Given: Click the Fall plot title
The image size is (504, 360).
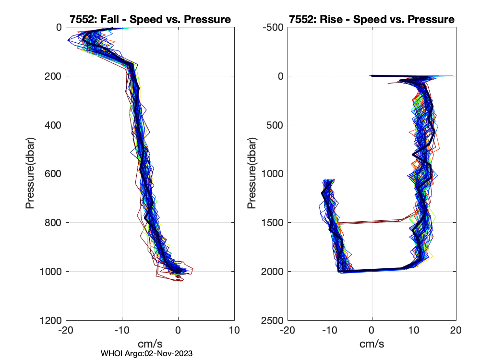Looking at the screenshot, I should pos(150,20).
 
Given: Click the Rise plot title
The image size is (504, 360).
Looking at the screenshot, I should pos(372,20).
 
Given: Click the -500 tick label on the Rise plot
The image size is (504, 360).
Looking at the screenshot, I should pos(274,27).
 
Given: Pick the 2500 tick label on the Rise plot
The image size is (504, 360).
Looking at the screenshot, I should pos(274,320).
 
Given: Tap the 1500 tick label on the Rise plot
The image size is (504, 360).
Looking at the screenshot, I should pos(274,223).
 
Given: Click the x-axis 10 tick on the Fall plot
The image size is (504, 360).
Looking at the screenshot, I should pos(234,331).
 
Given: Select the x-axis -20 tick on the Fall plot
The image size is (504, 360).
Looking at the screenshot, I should pos(65,331).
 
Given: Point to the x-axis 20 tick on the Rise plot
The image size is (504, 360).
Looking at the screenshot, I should pos(456,331).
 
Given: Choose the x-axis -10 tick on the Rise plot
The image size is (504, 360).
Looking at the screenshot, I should pos(329,331).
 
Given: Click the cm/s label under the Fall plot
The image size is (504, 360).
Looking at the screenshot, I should pos(150,344).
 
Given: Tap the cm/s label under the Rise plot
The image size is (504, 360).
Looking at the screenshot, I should pos(372,344).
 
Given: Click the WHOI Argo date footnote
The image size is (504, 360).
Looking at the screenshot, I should pos(147,353).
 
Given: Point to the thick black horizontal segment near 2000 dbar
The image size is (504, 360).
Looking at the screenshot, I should pos(374,270).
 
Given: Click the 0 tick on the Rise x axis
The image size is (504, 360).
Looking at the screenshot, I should pos(372,331).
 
